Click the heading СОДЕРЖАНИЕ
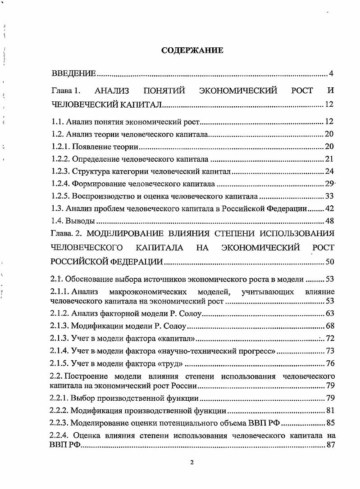192,51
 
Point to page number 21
329,159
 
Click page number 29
329,184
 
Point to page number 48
329,221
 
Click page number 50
329,262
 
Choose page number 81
329,411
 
